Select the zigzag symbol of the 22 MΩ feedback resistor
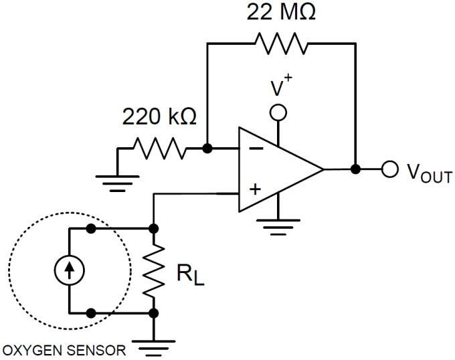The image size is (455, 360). [x=280, y=43]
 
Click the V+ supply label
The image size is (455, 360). [x=280, y=89]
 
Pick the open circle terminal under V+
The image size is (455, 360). [x=278, y=112]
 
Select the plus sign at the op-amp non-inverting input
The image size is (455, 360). [x=255, y=189]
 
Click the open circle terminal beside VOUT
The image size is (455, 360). [x=389, y=169]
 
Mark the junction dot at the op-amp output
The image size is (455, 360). [x=355, y=169]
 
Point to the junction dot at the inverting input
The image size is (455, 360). [x=207, y=148]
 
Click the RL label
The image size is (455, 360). [x=191, y=274]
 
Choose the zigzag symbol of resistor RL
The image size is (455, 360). [x=154, y=270]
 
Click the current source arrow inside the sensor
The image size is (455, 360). [x=70, y=270]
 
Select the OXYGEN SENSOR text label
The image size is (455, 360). [x=64, y=350]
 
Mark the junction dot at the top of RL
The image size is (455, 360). [x=154, y=228]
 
